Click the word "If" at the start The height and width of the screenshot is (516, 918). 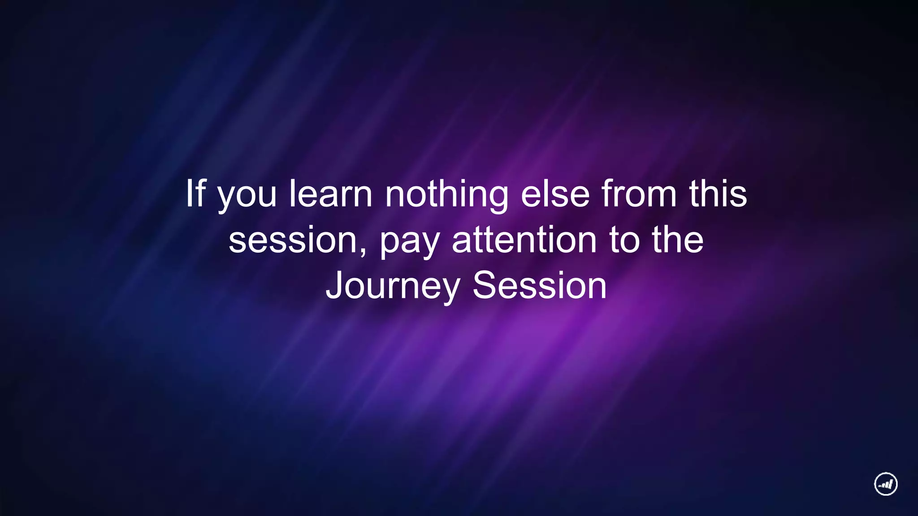pyautogui.click(x=195, y=193)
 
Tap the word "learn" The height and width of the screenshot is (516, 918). pyautogui.click(x=331, y=193)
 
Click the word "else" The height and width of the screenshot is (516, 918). pyautogui.click(x=555, y=193)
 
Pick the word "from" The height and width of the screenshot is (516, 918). pyautogui.click(x=639, y=193)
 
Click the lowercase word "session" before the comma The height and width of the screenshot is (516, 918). pyautogui.click(x=292, y=241)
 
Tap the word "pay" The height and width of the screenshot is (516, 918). pyautogui.click(x=410, y=243)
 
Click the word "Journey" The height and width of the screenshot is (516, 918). pyautogui.click(x=393, y=287)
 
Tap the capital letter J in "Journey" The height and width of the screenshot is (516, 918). pyautogui.click(x=334, y=285)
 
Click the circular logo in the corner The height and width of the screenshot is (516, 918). pyautogui.click(x=886, y=484)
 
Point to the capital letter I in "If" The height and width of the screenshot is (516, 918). pyautogui.click(x=190, y=193)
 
